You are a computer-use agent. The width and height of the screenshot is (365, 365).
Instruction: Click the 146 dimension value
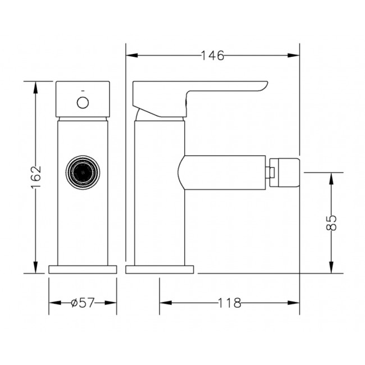(x=212, y=56)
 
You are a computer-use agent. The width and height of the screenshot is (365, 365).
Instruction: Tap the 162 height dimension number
(x=36, y=174)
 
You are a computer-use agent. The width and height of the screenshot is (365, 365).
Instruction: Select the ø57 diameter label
(x=83, y=303)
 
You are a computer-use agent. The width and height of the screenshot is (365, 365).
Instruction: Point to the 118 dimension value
(x=229, y=303)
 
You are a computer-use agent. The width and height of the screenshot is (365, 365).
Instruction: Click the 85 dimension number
(x=331, y=223)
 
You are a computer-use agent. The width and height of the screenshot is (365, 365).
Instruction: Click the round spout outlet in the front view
(x=83, y=172)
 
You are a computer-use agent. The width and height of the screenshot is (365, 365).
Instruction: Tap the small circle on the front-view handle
(x=83, y=103)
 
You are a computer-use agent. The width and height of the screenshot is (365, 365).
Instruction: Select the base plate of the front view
(x=83, y=270)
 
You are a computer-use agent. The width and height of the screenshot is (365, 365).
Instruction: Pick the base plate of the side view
(x=159, y=270)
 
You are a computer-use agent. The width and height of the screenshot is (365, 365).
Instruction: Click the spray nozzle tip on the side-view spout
(x=285, y=172)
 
